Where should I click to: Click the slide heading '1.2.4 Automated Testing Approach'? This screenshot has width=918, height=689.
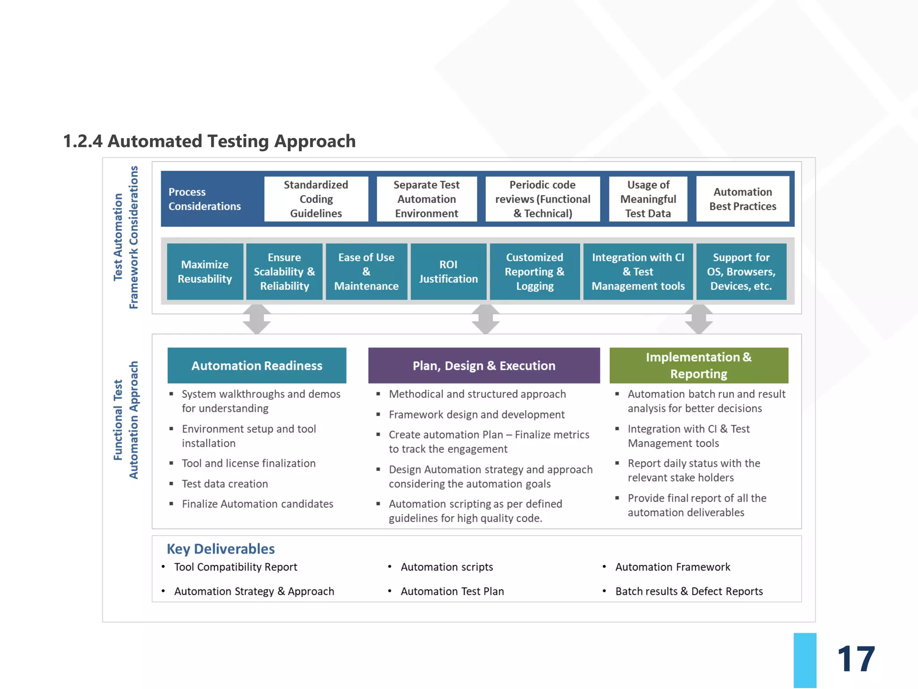click(209, 141)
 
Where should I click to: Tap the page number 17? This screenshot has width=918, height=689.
click(856, 658)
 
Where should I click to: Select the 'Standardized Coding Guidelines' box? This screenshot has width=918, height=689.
click(316, 199)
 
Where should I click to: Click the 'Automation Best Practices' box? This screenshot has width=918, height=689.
click(743, 199)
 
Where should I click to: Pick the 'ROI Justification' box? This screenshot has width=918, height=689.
click(448, 271)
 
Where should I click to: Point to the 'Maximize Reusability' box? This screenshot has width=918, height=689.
click(205, 271)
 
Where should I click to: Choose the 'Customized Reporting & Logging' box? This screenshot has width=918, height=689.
click(534, 271)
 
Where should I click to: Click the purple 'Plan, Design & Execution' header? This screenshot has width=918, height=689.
click(484, 365)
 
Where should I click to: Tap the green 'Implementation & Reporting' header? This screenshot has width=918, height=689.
click(698, 365)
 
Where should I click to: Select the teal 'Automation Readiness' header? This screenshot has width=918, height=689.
click(257, 365)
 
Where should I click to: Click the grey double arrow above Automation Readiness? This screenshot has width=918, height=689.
click(257, 319)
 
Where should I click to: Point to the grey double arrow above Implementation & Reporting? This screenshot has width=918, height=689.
click(699, 319)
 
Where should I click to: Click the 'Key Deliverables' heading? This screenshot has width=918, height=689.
click(221, 549)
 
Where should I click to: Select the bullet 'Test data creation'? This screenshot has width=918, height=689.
click(225, 484)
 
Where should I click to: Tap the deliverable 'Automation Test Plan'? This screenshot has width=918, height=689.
click(452, 591)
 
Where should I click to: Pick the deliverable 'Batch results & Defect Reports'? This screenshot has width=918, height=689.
click(688, 591)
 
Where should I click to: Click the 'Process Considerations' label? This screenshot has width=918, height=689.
click(204, 199)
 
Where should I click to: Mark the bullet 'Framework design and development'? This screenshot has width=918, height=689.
click(476, 414)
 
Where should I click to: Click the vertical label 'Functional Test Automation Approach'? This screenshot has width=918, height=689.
click(126, 420)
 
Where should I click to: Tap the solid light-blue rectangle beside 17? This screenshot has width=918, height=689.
click(805, 660)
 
